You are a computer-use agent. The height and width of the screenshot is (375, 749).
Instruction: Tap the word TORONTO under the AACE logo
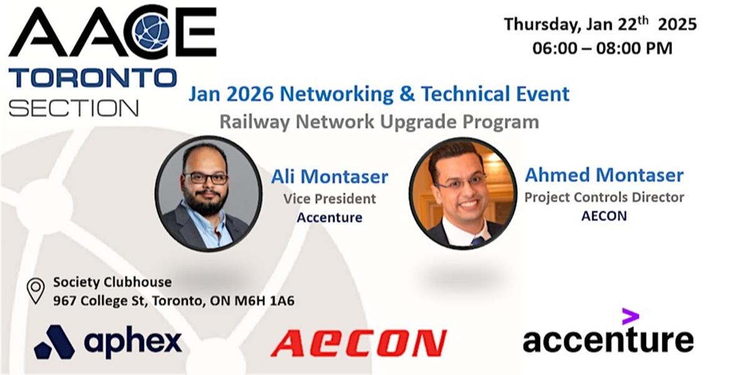tap(92, 77)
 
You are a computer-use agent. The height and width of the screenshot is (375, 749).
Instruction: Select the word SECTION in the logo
tap(74, 107)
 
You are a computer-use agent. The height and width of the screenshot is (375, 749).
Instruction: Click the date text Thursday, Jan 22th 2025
tap(600, 24)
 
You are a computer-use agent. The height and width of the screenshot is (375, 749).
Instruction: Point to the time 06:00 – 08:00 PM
tap(602, 48)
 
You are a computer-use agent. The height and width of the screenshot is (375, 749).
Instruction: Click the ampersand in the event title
tap(407, 93)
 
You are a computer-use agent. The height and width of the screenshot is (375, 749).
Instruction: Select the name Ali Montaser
tap(330, 176)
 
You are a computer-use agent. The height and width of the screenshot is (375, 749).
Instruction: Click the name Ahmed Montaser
tap(604, 175)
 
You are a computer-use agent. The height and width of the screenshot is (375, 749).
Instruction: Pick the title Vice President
tap(330, 199)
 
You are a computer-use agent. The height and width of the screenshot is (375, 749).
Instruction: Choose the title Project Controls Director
tap(604, 197)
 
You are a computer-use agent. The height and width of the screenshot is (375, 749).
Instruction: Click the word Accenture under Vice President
tap(330, 217)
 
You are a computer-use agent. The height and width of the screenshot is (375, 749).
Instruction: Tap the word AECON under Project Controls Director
tap(604, 216)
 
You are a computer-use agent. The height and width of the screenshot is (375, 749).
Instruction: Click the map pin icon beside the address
tap(36, 291)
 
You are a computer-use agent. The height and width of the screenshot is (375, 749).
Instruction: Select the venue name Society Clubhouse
tap(112, 282)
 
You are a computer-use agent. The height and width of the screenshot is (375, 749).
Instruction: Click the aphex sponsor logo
tap(108, 341)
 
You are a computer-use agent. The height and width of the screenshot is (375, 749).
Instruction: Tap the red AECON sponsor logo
tap(358, 343)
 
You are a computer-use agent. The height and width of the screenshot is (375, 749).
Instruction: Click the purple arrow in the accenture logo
tap(630, 316)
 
